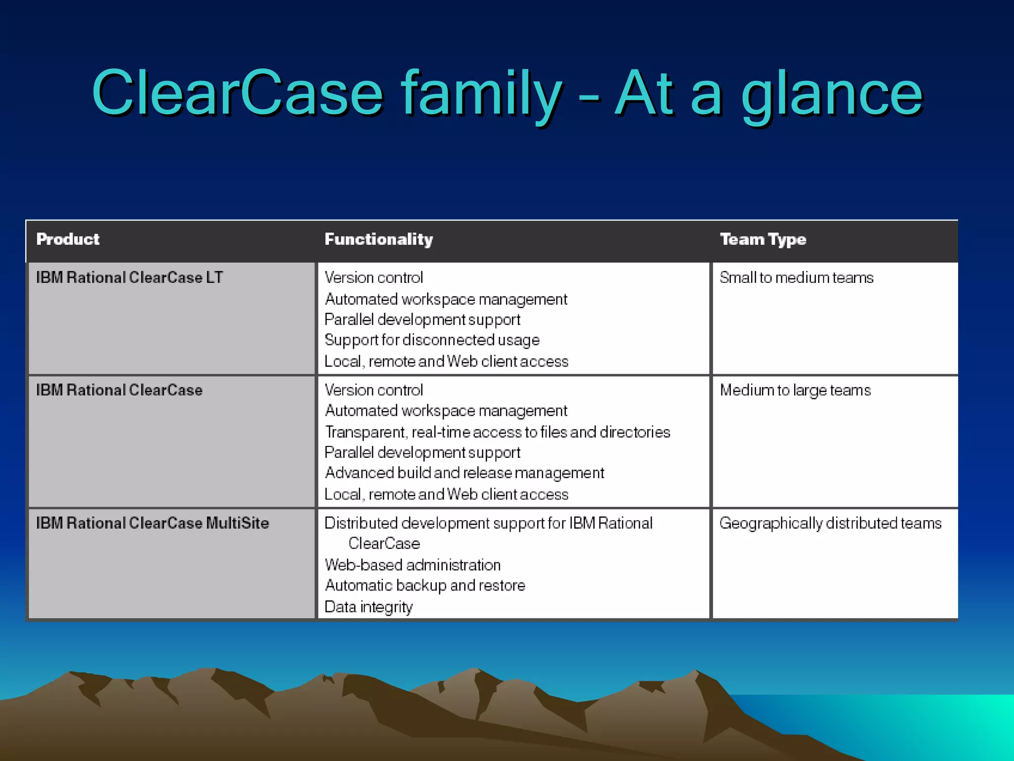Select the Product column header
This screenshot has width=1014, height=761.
tap(68, 239)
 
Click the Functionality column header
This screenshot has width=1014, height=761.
tap(379, 240)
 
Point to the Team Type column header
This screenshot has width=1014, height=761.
tap(763, 240)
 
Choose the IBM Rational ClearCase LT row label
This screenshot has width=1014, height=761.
tap(130, 277)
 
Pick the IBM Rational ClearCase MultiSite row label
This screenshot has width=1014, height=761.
tap(152, 523)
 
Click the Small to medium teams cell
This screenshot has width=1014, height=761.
tap(796, 277)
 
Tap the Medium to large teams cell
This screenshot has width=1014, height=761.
tap(795, 390)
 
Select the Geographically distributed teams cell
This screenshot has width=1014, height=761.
tap(830, 523)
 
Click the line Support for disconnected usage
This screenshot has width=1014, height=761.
tap(432, 340)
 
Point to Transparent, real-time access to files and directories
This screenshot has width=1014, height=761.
tap(497, 432)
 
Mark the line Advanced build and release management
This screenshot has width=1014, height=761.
tap(464, 473)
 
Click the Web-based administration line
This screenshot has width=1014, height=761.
tap(412, 565)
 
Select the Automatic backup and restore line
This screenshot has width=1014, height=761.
tap(425, 586)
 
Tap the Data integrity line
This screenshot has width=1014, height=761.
tap(368, 607)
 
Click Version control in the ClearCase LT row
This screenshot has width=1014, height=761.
tap(374, 277)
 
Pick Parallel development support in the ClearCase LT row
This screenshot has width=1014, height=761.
tap(422, 320)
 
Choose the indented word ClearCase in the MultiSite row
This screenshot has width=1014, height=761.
tap(384, 544)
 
